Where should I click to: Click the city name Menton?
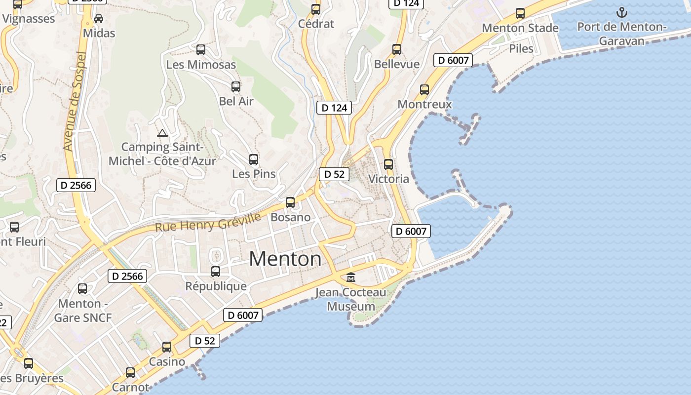pyautogui.click(x=285, y=259)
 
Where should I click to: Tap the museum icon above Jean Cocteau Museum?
pyautogui.click(x=351, y=277)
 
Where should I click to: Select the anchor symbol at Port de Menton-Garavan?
pyautogui.click(x=622, y=12)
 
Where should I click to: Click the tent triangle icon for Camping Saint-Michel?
pyautogui.click(x=162, y=133)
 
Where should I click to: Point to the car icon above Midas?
pyautogui.click(x=99, y=19)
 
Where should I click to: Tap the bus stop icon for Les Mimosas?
pyautogui.click(x=201, y=50)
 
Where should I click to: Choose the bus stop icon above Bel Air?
pyautogui.click(x=236, y=87)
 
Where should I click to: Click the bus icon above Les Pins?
pyautogui.click(x=254, y=159)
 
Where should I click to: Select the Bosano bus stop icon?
pyautogui.click(x=290, y=202)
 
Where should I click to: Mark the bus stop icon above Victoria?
pyautogui.click(x=388, y=164)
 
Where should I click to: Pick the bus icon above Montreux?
pyautogui.click(x=424, y=90)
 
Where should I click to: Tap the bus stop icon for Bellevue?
pyautogui.click(x=397, y=49)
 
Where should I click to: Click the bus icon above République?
pyautogui.click(x=216, y=272)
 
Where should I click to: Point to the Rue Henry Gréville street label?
pyautogui.click(x=208, y=223)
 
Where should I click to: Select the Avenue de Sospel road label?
pyautogui.click(x=75, y=101)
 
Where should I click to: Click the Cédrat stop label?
pyautogui.click(x=316, y=24)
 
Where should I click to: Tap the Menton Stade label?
pyautogui.click(x=520, y=28)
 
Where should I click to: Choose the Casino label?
pyautogui.click(x=167, y=361)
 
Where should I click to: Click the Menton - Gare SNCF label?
pyautogui.click(x=83, y=311)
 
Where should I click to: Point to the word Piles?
pyautogui.click(x=521, y=48)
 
